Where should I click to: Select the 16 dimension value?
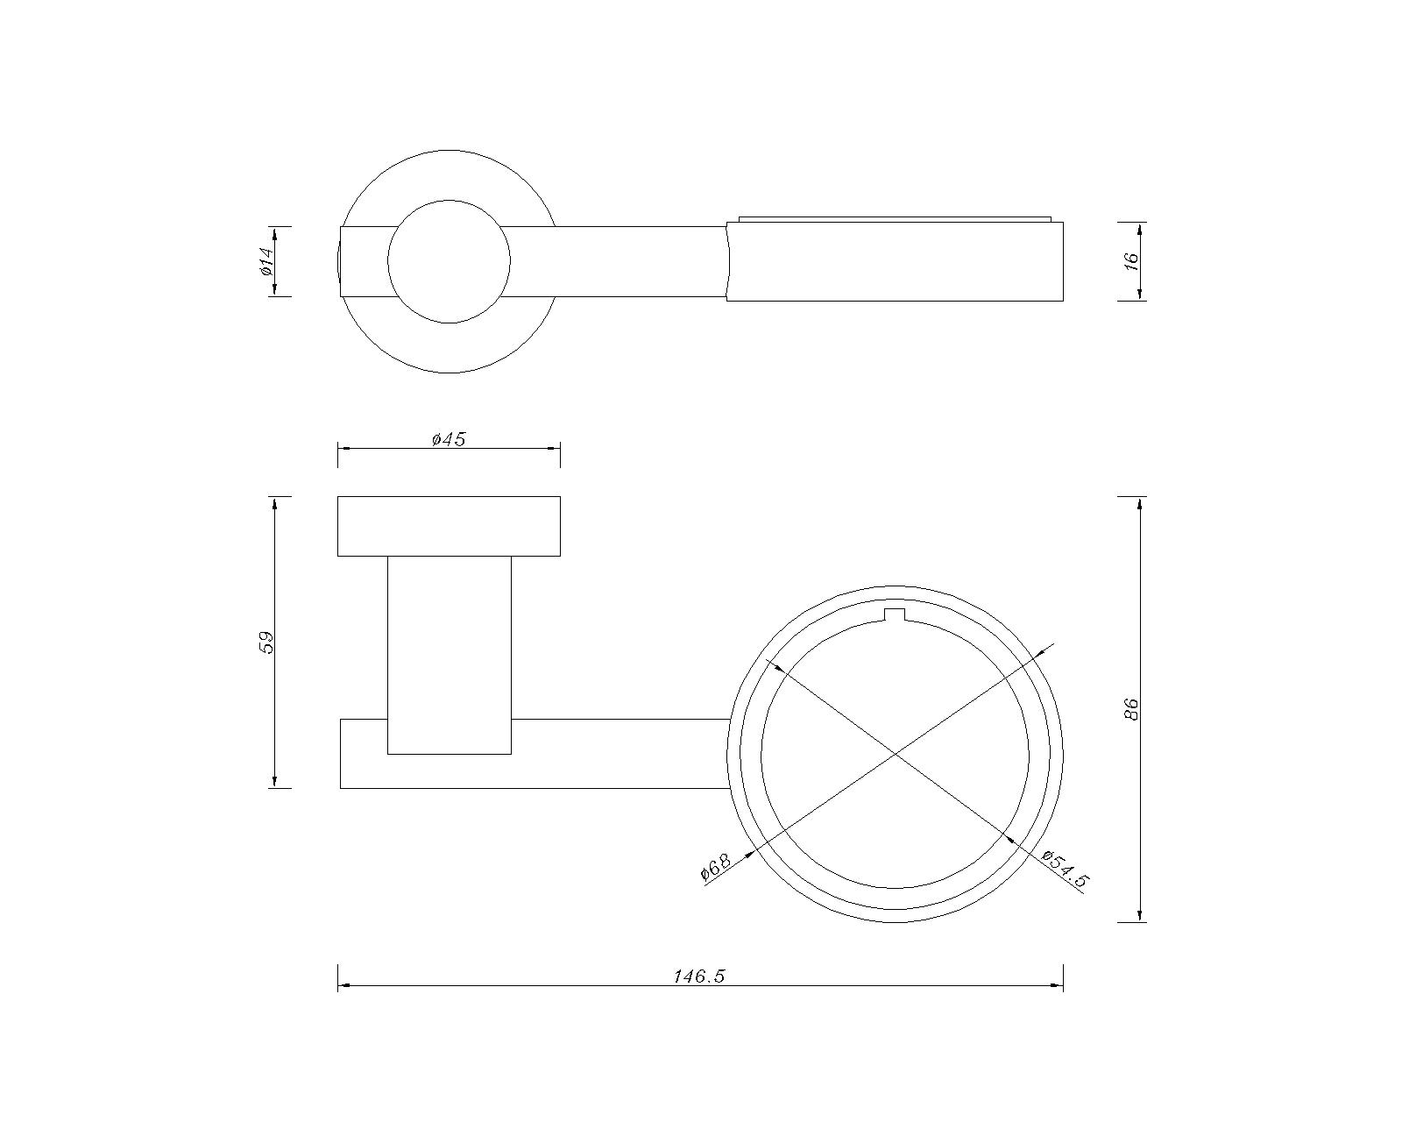coord(1131,259)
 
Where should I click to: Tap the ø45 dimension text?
coord(449,440)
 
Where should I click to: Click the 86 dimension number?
coord(1131,709)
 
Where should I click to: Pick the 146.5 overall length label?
coord(699,976)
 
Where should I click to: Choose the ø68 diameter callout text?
coord(716,867)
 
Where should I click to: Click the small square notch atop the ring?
coord(896,614)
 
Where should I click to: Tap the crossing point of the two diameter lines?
coord(896,755)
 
